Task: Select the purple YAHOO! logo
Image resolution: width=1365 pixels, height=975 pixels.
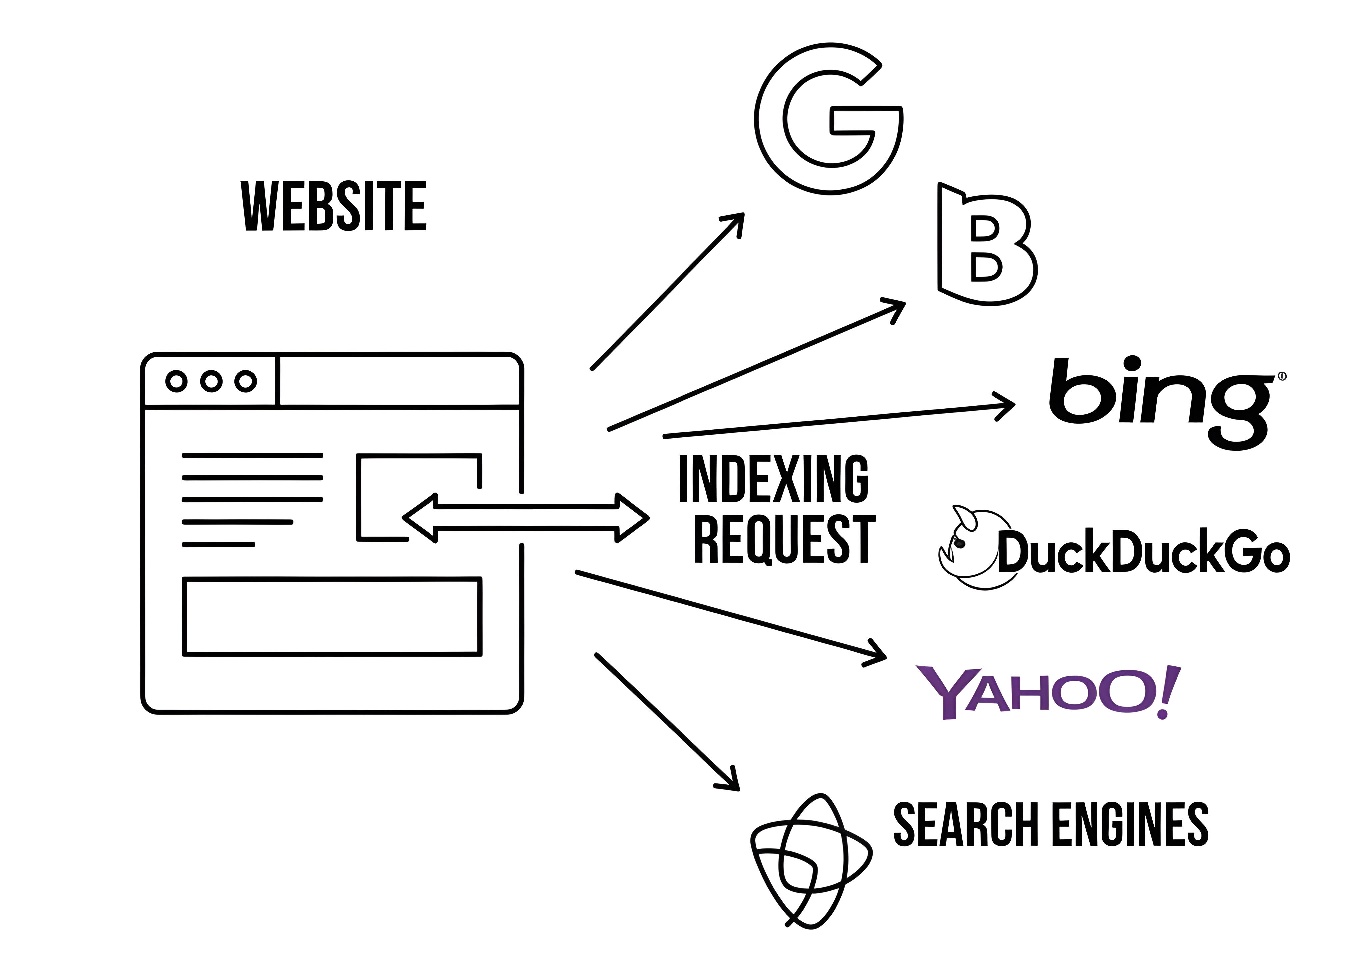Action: [x=1047, y=692]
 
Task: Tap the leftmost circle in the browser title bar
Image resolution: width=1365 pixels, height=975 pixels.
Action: [x=176, y=381]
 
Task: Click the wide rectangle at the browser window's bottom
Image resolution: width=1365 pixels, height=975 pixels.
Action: [x=332, y=616]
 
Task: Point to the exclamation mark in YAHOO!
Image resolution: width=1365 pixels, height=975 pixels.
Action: [x=1169, y=692]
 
